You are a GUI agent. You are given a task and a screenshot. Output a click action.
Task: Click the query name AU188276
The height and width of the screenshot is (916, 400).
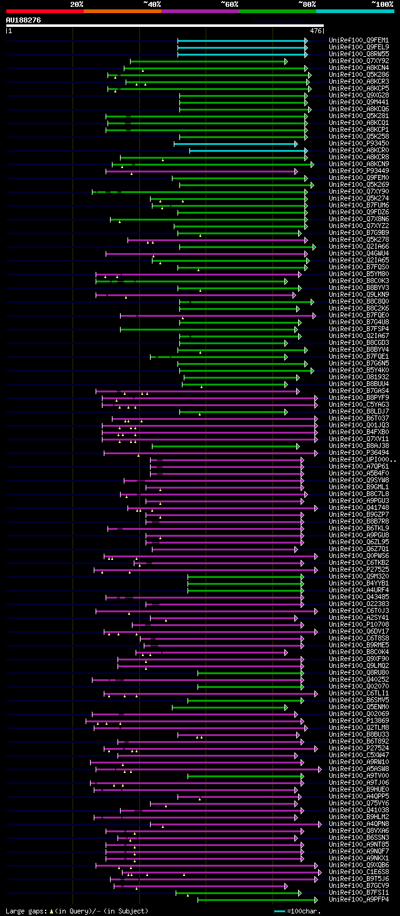coord(24,20)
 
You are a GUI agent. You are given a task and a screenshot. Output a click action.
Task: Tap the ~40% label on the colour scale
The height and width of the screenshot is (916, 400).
coord(152,4)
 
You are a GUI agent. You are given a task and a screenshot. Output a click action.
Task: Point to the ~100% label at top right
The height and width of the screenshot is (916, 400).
coord(382,4)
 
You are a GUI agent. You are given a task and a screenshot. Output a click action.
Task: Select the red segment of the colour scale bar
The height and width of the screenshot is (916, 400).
coord(44,11)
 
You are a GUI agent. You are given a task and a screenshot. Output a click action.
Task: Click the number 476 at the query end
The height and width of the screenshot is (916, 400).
coord(316,30)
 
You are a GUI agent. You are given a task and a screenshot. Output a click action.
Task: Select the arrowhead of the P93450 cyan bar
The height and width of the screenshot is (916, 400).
coord(296,144)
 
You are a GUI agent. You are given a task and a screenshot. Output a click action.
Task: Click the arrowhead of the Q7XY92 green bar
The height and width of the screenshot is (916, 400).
coord(286,61)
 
